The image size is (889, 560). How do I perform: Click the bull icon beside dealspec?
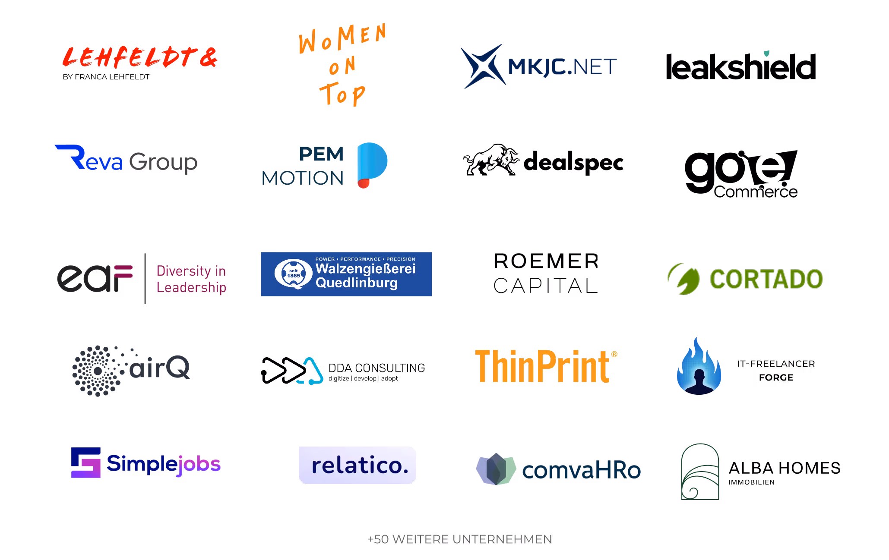tap(491, 160)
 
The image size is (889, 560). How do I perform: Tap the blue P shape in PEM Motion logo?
tap(372, 162)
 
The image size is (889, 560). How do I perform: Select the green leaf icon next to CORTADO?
tap(684, 279)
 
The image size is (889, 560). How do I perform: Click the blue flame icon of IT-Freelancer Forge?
tap(699, 366)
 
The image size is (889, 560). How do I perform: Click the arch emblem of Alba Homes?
tap(700, 472)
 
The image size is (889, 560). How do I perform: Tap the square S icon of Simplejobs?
tap(86, 462)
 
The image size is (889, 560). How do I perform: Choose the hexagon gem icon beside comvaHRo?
tap(496, 469)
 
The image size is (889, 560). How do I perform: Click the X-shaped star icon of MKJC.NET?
tap(483, 66)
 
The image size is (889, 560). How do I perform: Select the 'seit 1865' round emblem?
tap(294, 274)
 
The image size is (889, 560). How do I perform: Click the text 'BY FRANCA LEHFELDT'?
tap(106, 77)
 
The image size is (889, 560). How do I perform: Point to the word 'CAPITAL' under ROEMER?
tap(546, 286)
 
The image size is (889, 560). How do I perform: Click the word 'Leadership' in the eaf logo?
tap(191, 287)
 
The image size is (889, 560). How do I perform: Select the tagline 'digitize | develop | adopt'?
tap(363, 378)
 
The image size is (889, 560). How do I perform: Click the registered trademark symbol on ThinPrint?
tap(614, 354)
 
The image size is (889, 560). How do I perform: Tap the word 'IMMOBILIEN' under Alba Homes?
tap(751, 482)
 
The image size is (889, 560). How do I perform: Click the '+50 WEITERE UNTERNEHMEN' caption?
tap(459, 539)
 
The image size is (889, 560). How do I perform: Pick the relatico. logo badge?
tap(357, 465)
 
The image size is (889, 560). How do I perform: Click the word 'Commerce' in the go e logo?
tap(756, 192)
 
